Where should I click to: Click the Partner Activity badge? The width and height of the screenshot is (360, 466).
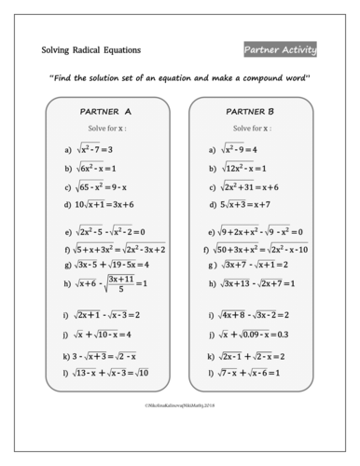pos(280,49)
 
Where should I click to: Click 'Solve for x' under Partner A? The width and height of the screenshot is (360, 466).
pos(105,128)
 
